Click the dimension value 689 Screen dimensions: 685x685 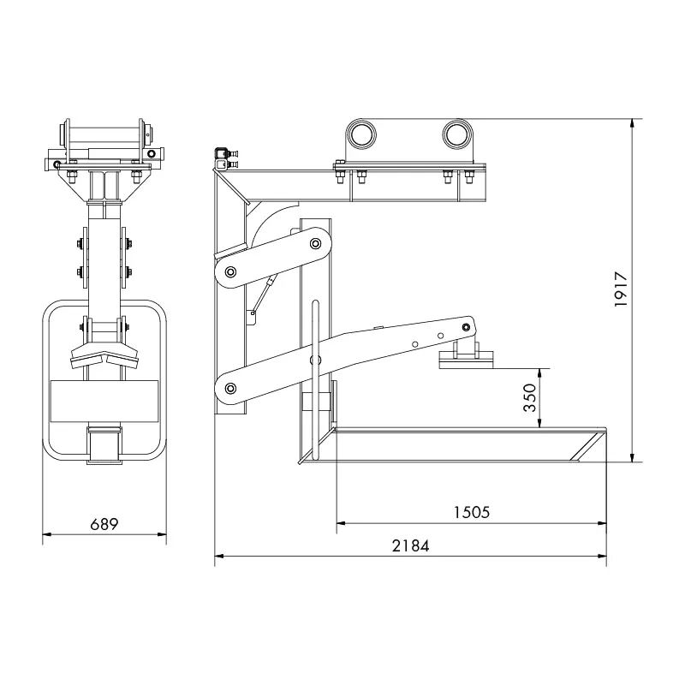pyautogui.click(x=104, y=522)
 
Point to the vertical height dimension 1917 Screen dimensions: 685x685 pyautogui.click(x=622, y=290)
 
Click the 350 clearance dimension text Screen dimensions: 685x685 pyautogui.click(x=530, y=398)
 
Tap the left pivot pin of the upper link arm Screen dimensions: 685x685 pyautogui.click(x=229, y=273)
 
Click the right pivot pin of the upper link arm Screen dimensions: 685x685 pyautogui.click(x=316, y=244)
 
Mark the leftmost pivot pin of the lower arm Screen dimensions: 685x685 pyautogui.click(x=229, y=390)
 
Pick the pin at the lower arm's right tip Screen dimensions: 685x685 pyautogui.click(x=465, y=326)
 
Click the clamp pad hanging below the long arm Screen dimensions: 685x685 pyautogui.click(x=466, y=361)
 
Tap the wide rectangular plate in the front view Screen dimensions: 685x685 pyautogui.click(x=104, y=401)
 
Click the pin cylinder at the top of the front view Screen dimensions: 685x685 pyautogui.click(x=104, y=135)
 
